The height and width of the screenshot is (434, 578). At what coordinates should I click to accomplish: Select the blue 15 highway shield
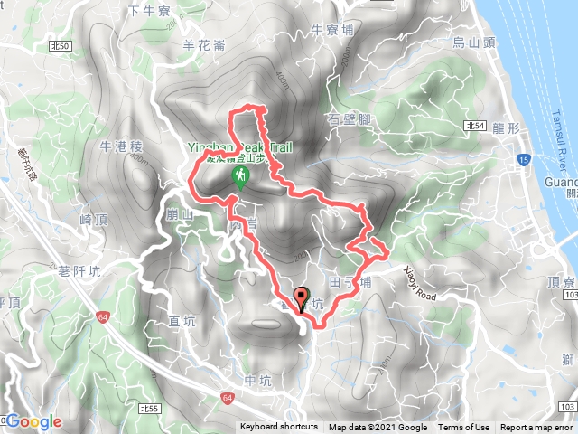point(525,159)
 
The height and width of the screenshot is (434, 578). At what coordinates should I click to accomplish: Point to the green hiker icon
point(241,175)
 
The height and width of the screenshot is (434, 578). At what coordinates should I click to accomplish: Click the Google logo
point(33,422)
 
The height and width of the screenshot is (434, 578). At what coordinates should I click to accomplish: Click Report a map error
point(537,428)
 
